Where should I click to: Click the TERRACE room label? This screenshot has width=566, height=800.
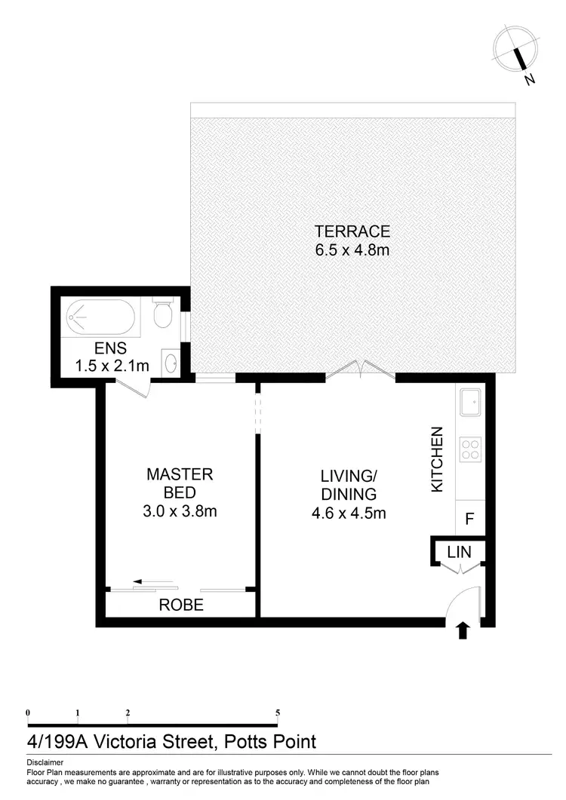point(352,231)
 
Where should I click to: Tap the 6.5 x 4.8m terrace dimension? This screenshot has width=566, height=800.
point(352,250)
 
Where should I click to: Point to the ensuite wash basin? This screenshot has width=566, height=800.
point(171,363)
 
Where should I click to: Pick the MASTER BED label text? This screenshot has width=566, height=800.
point(180,483)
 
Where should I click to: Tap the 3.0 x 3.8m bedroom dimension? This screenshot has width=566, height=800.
point(180,511)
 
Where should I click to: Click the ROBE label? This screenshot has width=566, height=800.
point(180,605)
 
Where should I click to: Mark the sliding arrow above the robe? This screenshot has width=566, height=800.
point(148,582)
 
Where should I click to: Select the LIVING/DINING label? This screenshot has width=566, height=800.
point(348,486)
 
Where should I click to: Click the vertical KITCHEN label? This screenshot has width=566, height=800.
point(436,460)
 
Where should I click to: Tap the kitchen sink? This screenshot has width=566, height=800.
point(470,403)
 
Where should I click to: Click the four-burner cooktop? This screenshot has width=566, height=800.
point(470,449)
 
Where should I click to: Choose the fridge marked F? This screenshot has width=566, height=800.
point(469,519)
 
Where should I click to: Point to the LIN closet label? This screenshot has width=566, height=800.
point(459,552)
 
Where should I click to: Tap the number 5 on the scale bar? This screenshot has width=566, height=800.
point(278,713)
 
